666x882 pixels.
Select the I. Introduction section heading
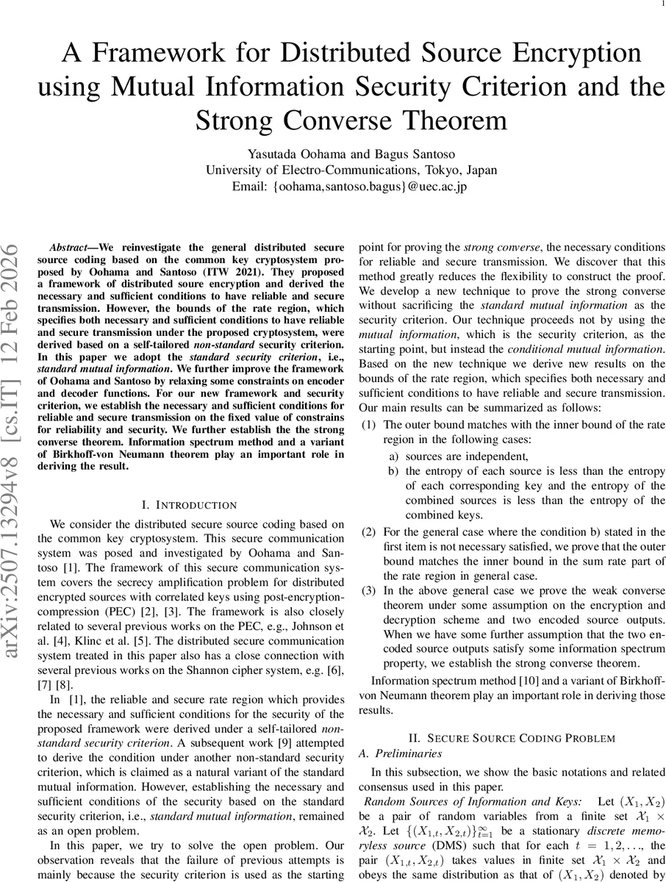pos(188,505)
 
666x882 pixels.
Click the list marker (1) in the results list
pos(371,425)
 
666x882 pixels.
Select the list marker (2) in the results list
pos(371,531)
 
